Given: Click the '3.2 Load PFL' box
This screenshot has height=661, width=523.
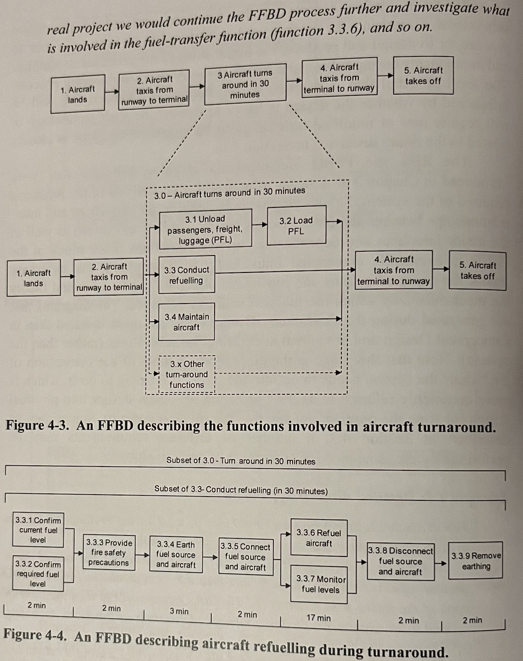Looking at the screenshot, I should pos(296,226).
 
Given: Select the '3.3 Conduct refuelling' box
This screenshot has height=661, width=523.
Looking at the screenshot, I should pos(187,275).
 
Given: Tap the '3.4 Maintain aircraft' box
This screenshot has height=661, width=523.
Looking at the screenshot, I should pos(187,322).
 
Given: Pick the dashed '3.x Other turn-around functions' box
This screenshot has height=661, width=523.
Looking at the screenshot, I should pos(187,374).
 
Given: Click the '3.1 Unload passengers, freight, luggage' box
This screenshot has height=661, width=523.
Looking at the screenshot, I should pos(205,229).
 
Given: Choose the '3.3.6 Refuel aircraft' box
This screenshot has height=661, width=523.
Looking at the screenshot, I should pos(319,538).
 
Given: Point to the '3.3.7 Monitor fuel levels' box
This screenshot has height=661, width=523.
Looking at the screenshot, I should pos(319,584).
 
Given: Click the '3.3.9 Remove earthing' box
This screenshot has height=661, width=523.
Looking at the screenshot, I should pos(476,561).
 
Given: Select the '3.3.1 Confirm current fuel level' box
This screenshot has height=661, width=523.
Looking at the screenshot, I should pos(38,530).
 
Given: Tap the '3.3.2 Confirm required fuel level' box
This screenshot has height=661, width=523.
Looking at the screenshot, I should pos(38,574).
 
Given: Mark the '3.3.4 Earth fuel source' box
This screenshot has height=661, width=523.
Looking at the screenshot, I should pos(176,555).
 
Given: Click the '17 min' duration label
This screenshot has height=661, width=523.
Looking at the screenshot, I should pos(318,618).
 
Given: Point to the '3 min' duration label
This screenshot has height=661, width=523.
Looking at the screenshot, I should pos(179,611).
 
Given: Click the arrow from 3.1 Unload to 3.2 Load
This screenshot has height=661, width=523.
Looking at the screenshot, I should pos(260,224).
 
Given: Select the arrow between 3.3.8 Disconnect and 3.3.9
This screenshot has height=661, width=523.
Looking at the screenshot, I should pos(441,563).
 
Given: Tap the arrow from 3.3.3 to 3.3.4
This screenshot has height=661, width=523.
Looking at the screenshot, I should pos(142,555).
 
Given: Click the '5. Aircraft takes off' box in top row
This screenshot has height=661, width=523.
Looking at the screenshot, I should pos(423,76).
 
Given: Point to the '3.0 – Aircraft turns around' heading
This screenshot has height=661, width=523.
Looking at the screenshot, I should pos(230,193).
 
